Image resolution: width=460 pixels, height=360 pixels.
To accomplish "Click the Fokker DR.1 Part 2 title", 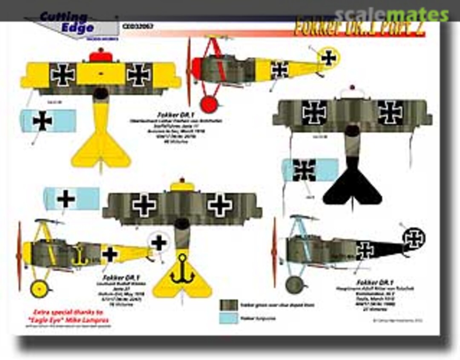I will tap(359, 28).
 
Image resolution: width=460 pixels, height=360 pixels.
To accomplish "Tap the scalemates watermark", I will tap(391, 15).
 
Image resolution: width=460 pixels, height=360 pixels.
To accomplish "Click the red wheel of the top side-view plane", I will tap(209, 104).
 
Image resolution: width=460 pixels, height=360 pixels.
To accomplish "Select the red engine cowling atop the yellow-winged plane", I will tap(101, 56).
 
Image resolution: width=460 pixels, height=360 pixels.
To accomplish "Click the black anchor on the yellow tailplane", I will tap(182, 270).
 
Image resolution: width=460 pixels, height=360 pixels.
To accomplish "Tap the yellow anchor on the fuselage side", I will tap(80, 255).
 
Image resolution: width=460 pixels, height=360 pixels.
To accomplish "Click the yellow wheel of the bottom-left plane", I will tap(40, 289).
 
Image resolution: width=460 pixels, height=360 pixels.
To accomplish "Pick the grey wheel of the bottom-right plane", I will tap(294, 285).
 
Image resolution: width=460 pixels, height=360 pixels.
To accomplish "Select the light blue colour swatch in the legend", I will tap(228, 318).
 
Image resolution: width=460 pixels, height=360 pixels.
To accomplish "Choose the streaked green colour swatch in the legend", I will tap(228, 305).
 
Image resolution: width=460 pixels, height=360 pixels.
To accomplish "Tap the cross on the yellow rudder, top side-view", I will tap(328, 57).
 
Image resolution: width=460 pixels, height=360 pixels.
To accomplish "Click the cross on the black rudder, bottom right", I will tap(414, 238).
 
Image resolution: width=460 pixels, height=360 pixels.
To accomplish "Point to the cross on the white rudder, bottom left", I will tap(158, 243).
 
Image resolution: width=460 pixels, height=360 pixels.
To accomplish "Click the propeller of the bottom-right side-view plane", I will tap(274, 252).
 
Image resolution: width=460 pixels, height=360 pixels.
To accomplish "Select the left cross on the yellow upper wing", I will tap(63, 74).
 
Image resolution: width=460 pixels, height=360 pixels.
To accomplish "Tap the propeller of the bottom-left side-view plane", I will tap(19, 255).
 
